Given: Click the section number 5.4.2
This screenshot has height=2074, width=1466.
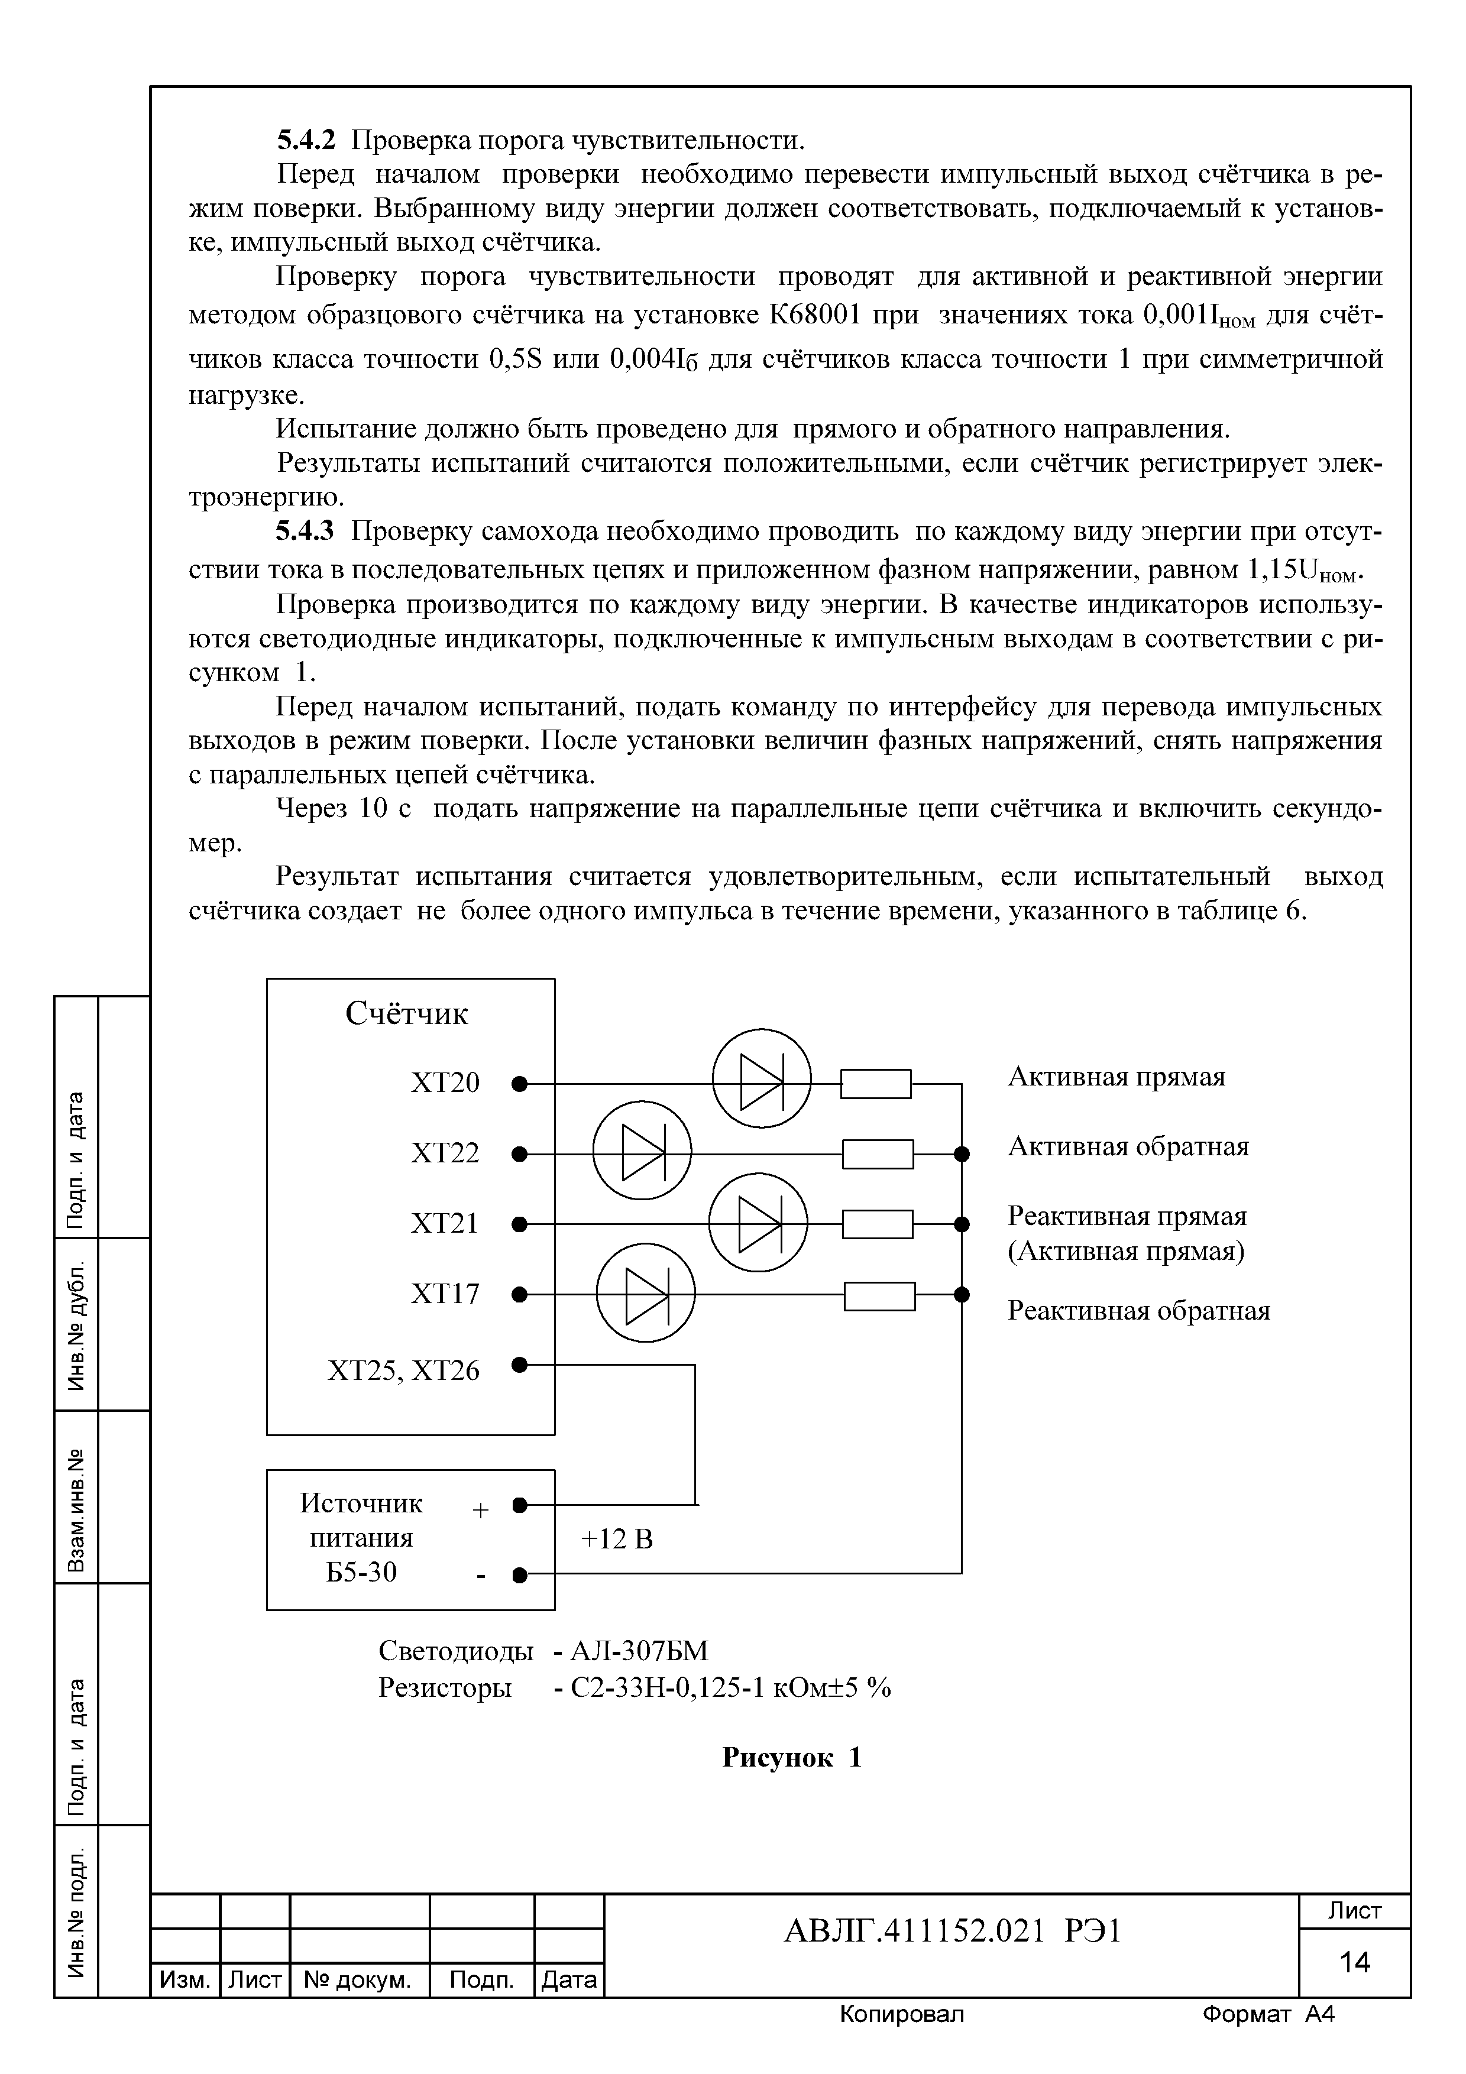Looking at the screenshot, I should tap(305, 140).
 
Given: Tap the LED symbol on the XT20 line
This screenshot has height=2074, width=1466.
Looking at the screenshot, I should tap(762, 1078).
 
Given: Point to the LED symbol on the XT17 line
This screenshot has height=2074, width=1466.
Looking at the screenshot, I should tap(646, 1294).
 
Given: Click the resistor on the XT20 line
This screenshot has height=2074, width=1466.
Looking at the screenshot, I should tap(875, 1083).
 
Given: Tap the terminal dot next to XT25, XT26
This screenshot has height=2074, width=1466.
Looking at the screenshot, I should tap(519, 1363).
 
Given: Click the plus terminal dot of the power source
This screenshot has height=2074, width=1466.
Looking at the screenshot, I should tap(519, 1505).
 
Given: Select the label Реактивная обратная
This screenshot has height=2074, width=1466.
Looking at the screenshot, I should tap(1138, 1311).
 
